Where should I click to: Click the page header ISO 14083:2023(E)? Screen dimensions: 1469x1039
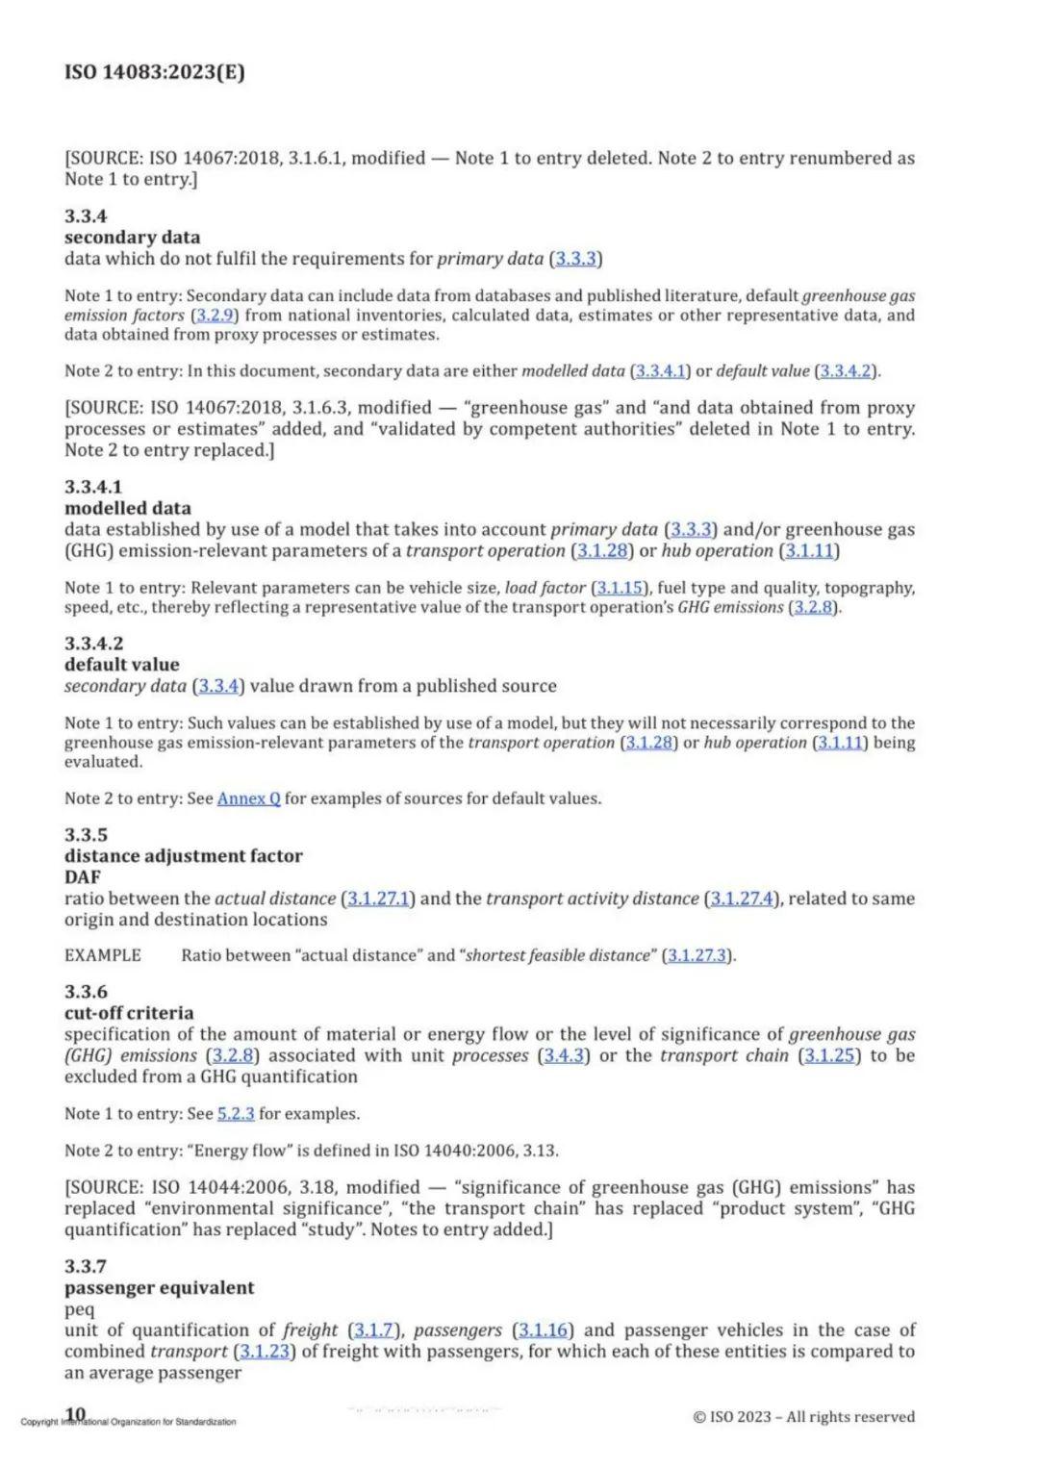click(155, 72)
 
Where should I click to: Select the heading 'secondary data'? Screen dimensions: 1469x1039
click(133, 238)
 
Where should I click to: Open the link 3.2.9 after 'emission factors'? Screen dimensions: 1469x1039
click(215, 316)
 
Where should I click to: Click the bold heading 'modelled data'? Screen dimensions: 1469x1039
click(128, 508)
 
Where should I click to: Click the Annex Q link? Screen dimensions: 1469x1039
click(249, 798)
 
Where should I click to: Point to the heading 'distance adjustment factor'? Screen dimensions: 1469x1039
click(184, 856)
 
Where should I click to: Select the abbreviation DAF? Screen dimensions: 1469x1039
click(83, 877)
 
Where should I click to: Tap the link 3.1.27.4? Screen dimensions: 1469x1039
click(742, 899)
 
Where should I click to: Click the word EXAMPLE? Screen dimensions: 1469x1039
click(103, 955)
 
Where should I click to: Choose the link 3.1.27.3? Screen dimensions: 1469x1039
click(698, 955)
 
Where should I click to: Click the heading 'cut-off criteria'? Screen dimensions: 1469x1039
click(129, 1013)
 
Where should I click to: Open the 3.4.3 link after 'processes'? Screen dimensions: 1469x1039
click(564, 1055)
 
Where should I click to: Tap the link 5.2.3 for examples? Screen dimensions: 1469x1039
click(236, 1114)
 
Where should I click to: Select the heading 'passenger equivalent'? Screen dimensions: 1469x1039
click(160, 1288)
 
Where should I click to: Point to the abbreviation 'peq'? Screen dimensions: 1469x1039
click(80, 1309)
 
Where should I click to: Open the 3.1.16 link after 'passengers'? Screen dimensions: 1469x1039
click(543, 1330)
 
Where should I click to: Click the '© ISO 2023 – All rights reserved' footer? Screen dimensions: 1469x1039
click(803, 1416)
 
